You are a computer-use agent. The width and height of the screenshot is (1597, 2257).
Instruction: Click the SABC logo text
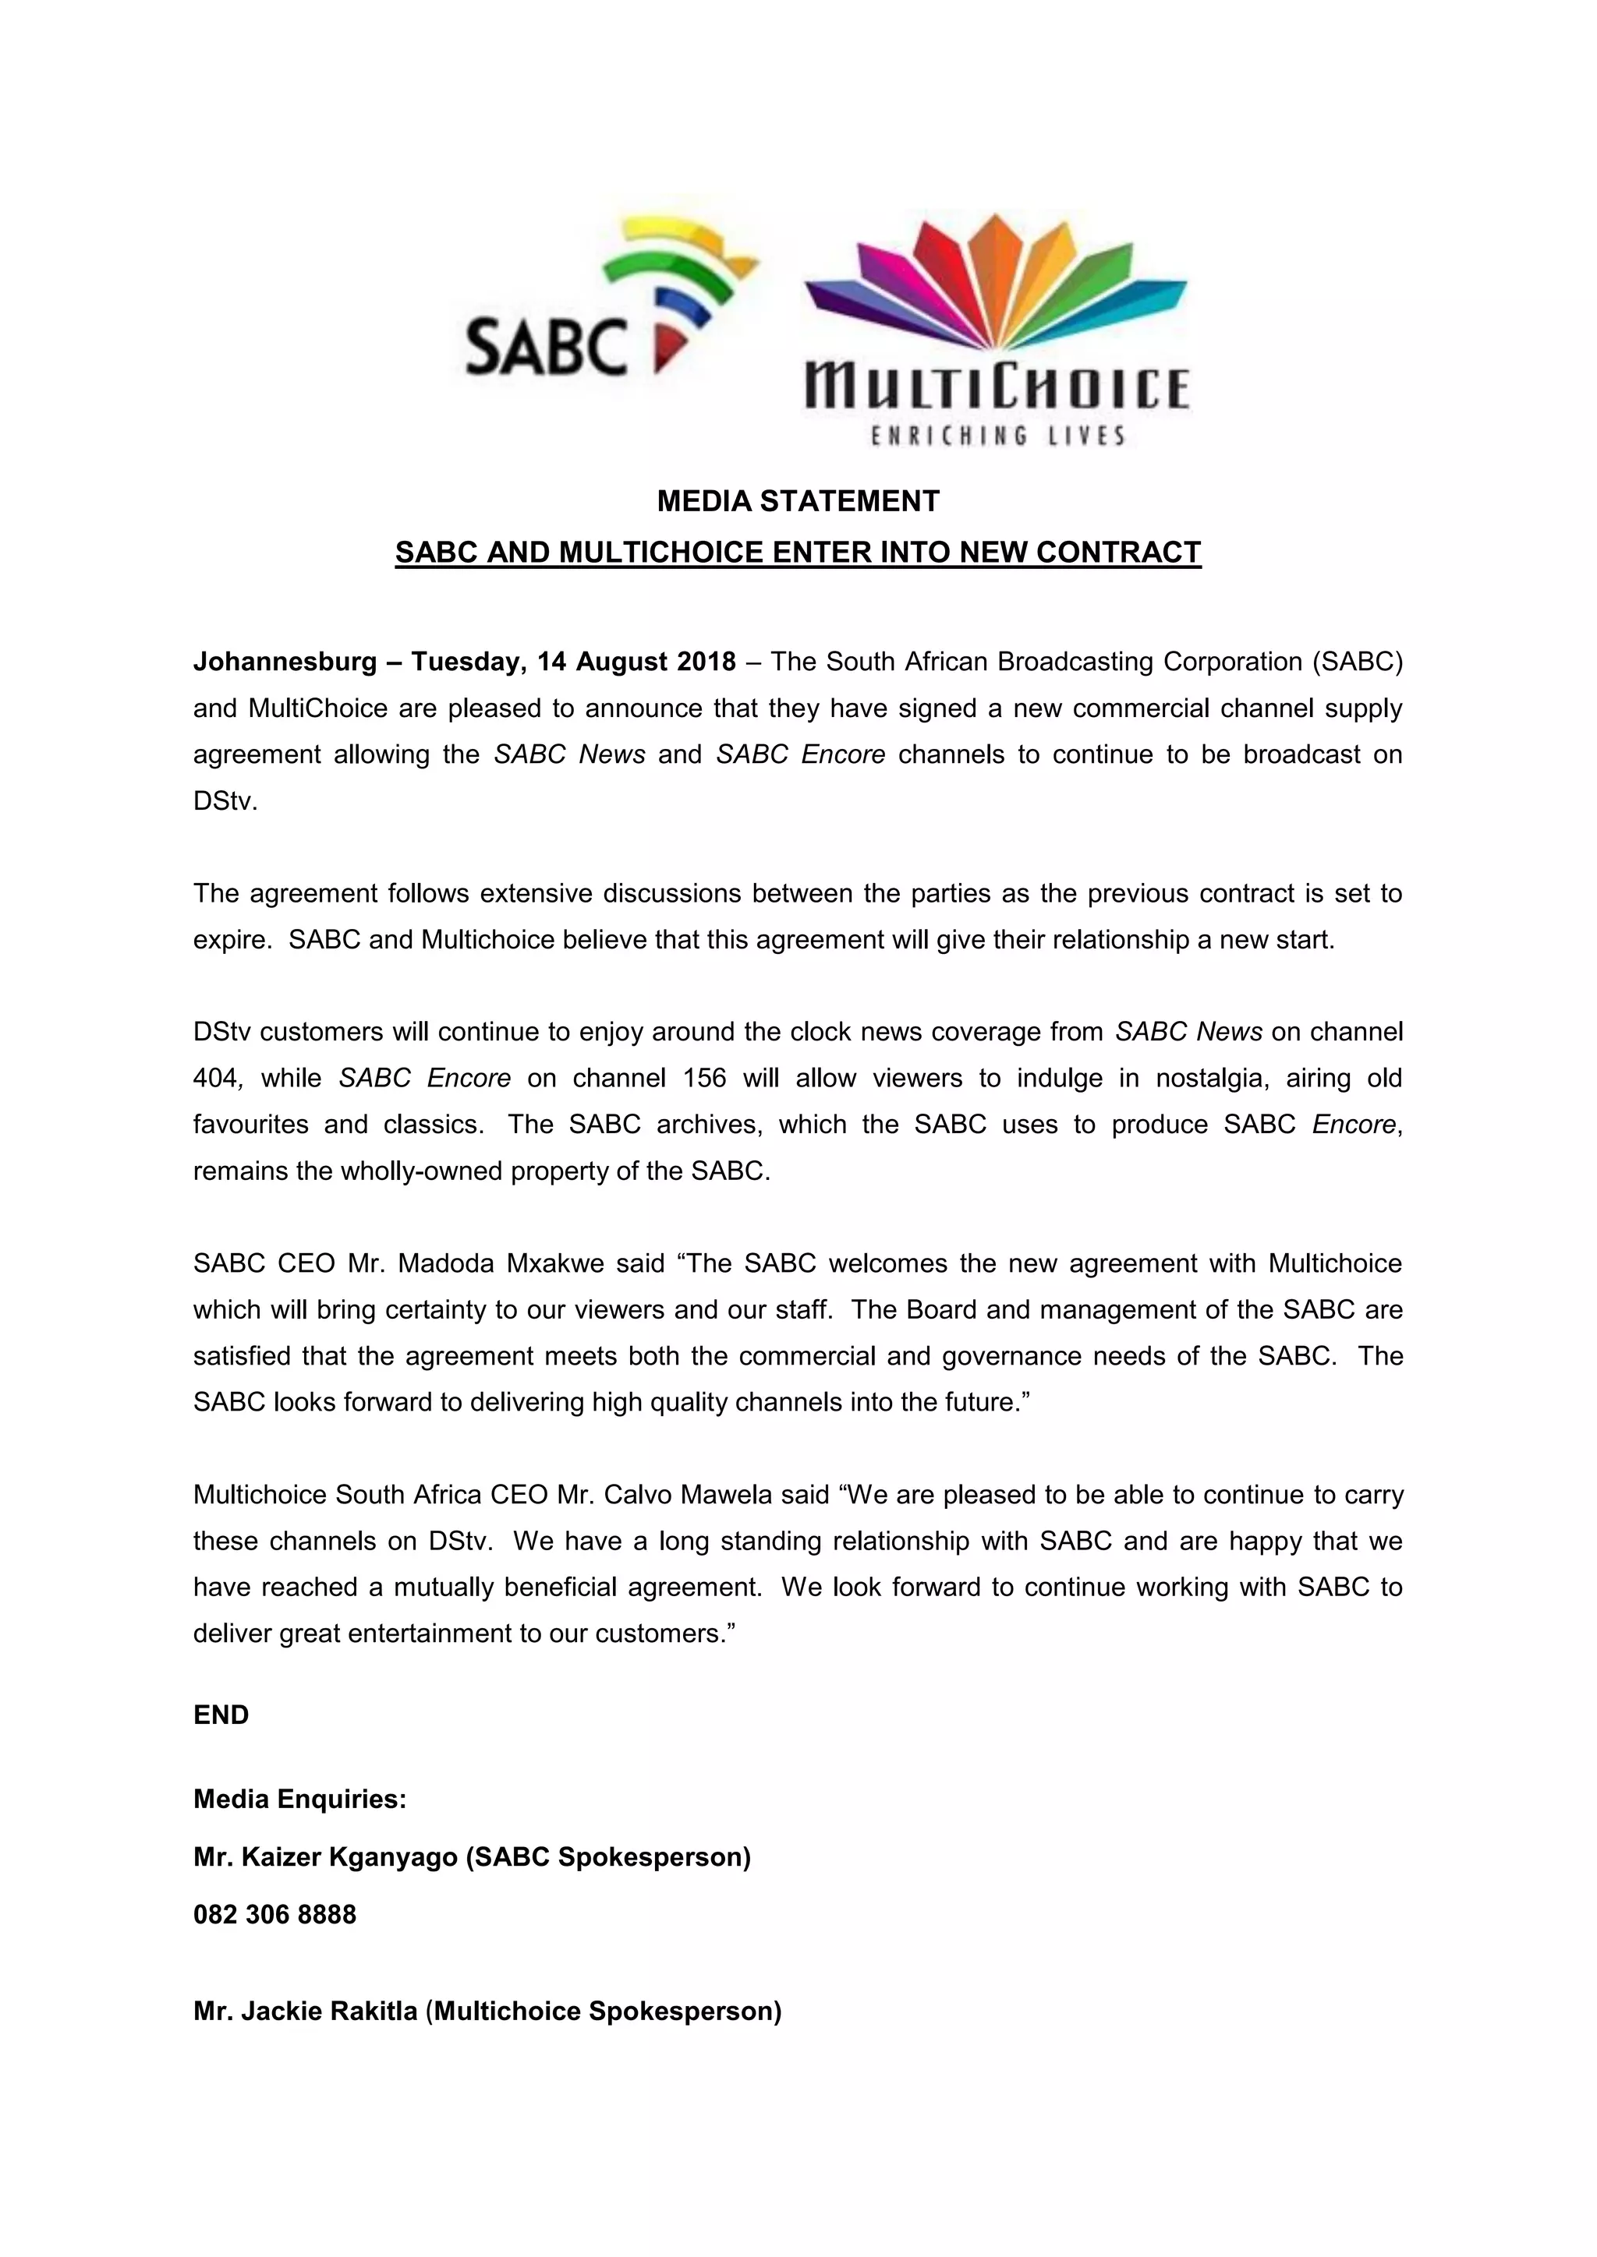coord(546,346)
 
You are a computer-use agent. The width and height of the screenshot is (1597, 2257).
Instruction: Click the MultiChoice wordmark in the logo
coord(996,387)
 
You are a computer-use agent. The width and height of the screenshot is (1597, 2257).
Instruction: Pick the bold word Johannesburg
coord(284,662)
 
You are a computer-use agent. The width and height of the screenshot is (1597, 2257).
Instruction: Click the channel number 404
coord(214,1079)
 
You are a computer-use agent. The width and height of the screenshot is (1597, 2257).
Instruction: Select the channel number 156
coord(697,1079)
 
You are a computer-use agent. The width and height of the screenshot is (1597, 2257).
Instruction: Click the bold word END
coord(221,1715)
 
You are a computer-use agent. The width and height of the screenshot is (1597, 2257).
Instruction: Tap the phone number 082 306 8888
coord(274,1915)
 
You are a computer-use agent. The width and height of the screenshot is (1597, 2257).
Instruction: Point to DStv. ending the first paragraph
coord(225,801)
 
